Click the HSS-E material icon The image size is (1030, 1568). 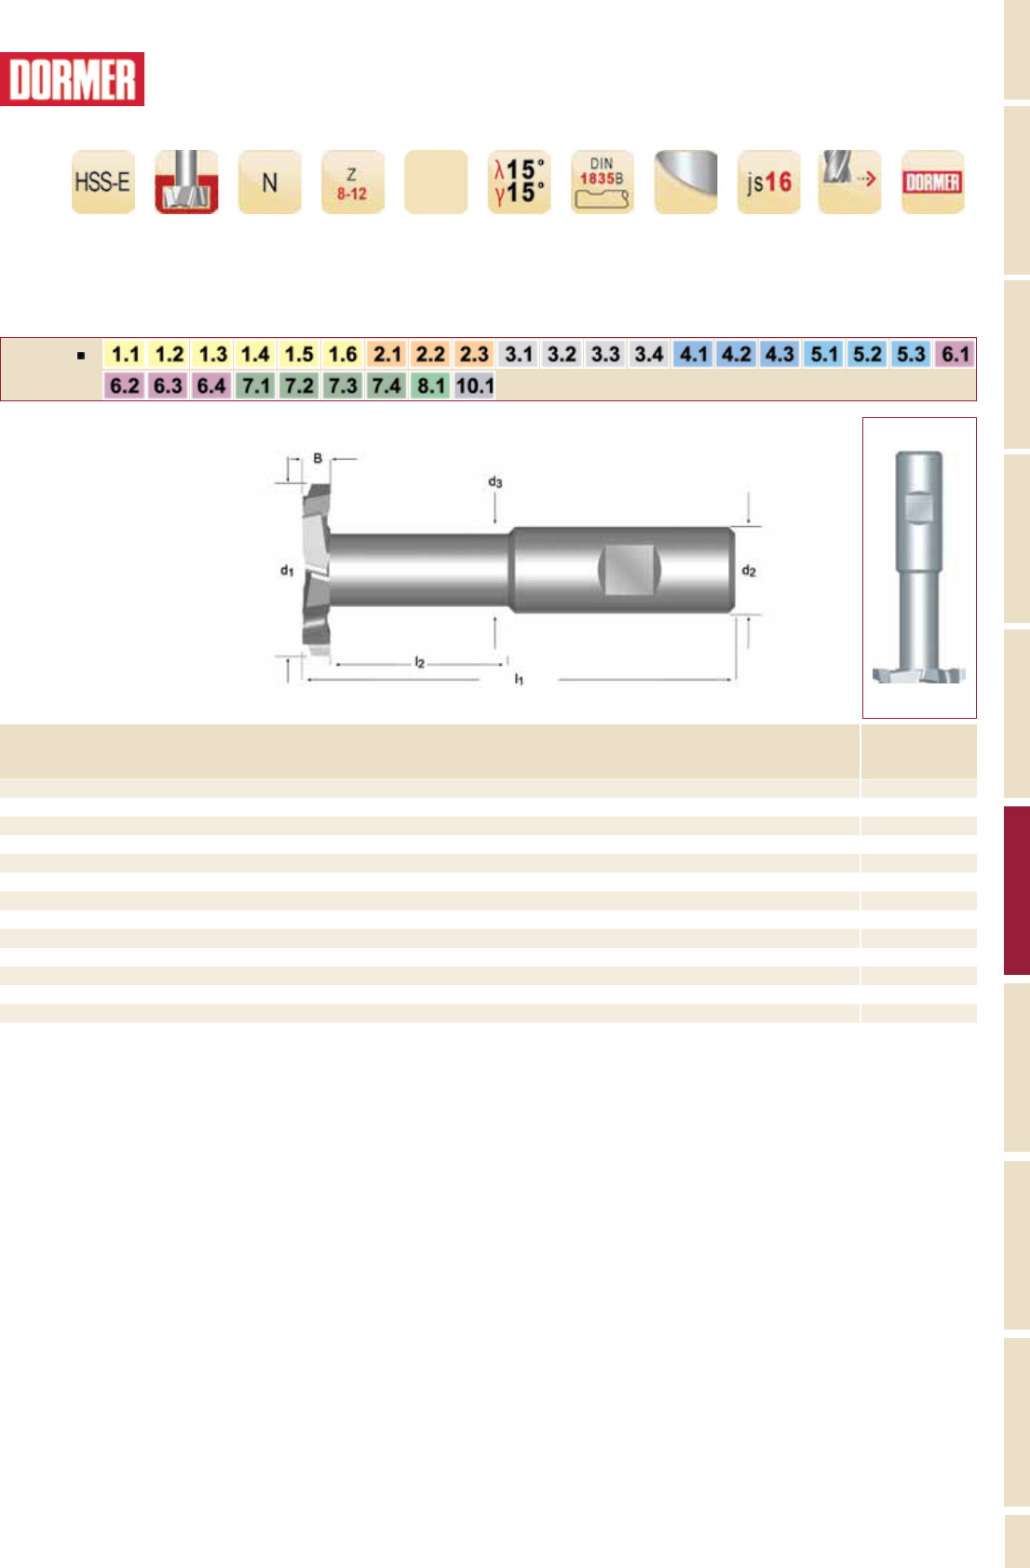[x=103, y=182]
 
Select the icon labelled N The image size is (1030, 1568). [x=269, y=182]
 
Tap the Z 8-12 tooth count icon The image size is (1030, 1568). [x=353, y=182]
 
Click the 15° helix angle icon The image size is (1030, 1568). [x=519, y=182]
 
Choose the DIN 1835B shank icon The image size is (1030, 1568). [x=603, y=182]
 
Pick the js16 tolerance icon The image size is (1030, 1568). [x=769, y=182]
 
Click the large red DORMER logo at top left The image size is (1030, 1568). [x=72, y=79]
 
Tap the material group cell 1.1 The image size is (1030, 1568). [x=126, y=354]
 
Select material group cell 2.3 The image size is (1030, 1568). [x=474, y=354]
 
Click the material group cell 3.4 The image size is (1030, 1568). [x=649, y=354]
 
